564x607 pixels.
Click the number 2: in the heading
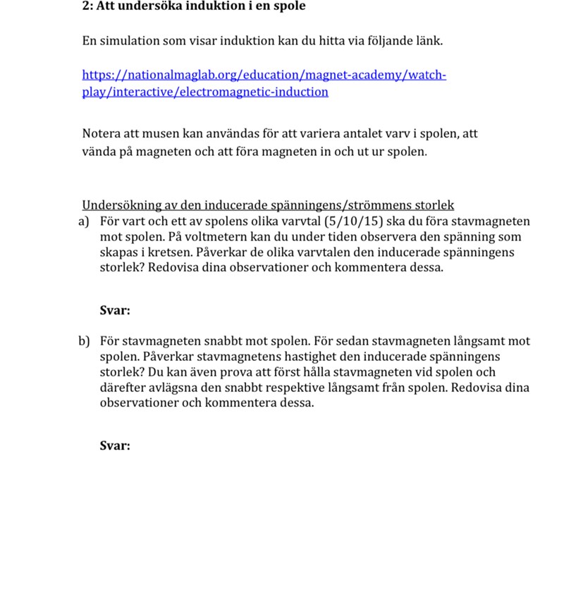pos(87,6)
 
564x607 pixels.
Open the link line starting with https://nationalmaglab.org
pos(264,75)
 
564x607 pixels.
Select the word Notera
pos(102,133)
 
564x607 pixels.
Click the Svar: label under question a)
pos(115,309)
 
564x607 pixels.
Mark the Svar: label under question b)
pos(115,446)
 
